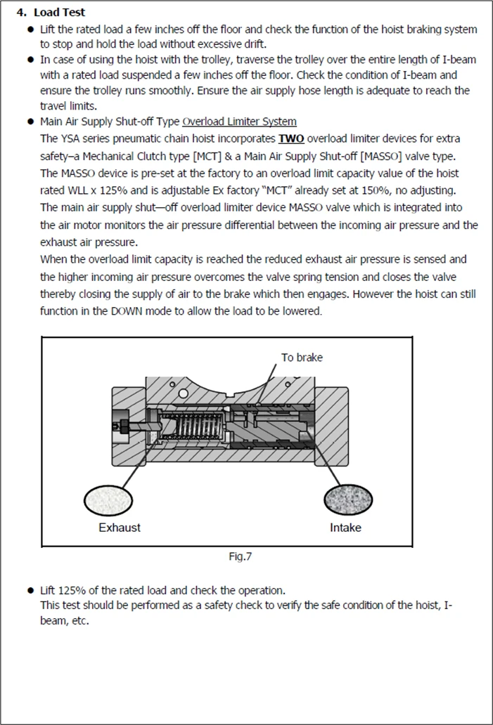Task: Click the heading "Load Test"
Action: coord(60,13)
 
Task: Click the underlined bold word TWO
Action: coord(290,139)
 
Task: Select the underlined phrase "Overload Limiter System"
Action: coord(239,122)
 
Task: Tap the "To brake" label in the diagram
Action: coord(302,358)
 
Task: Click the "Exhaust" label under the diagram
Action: coord(120,528)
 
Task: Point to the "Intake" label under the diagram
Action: coord(345,528)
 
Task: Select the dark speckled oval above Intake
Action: coord(348,499)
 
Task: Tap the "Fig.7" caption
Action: coord(241,556)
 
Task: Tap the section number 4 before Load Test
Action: coord(21,13)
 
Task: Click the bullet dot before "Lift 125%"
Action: coord(30,590)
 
